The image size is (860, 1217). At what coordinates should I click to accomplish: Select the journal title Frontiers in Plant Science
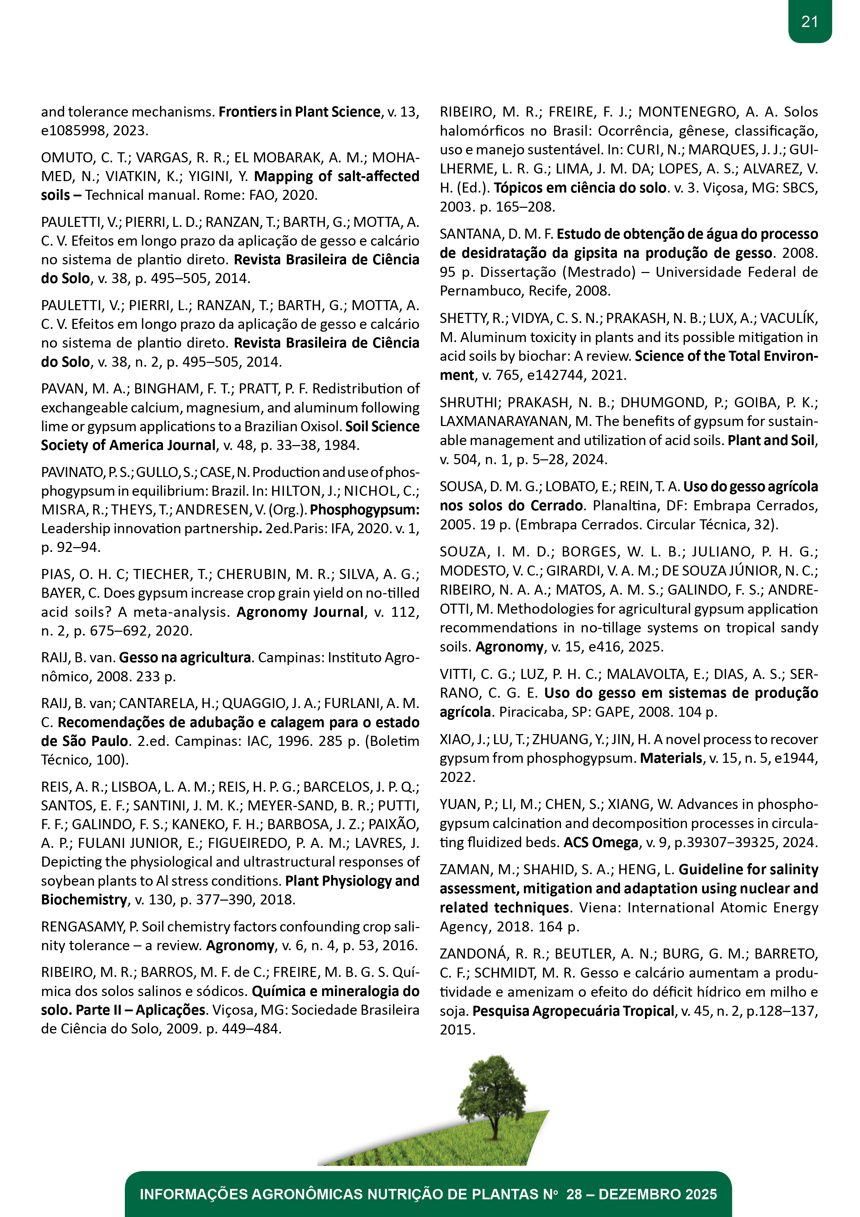tap(299, 112)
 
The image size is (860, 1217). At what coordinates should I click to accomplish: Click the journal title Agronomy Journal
tap(300, 612)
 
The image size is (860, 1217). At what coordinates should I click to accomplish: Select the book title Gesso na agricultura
tap(184, 658)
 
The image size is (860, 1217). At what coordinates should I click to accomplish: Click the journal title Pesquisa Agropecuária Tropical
tap(573, 1011)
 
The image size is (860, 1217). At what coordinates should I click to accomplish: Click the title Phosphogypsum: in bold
tap(364, 510)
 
